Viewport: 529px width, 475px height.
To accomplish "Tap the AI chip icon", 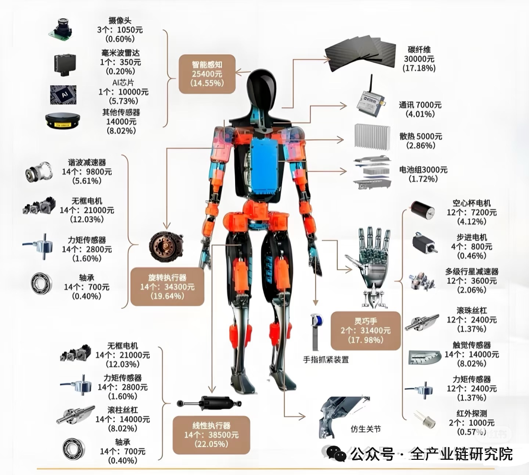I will (x=63, y=94).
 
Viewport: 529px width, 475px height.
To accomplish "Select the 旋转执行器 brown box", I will (x=167, y=287).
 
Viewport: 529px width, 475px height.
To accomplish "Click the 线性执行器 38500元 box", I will (x=211, y=435).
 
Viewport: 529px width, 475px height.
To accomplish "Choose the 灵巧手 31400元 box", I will (x=365, y=330).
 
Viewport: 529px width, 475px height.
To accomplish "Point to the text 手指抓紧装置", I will (x=325, y=360).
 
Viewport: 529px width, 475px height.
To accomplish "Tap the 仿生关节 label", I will (x=365, y=429).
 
